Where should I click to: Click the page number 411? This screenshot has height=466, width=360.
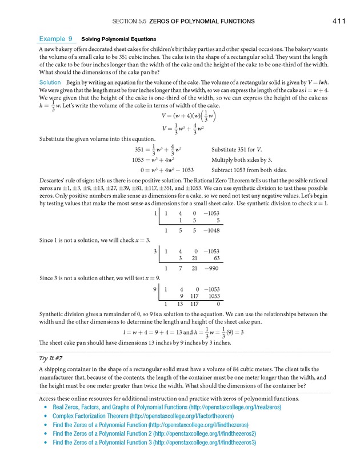pyautogui.click(x=339, y=21)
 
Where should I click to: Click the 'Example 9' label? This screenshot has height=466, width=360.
pyautogui.click(x=55, y=39)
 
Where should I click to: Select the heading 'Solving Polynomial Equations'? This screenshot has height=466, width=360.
pyautogui.click(x=119, y=39)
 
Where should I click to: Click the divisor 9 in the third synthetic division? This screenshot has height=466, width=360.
pyautogui.click(x=155, y=289)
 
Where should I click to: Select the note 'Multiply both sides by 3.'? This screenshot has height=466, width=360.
pyautogui.click(x=243, y=160)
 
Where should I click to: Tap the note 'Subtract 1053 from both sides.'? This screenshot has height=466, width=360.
pyautogui.click(x=249, y=170)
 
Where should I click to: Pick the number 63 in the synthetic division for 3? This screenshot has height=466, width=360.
pyautogui.click(x=215, y=258)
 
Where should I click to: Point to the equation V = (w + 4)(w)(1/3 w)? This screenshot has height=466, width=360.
pyautogui.click(x=180, y=117)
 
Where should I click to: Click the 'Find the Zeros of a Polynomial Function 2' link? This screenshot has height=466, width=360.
pyautogui.click(x=154, y=433)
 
